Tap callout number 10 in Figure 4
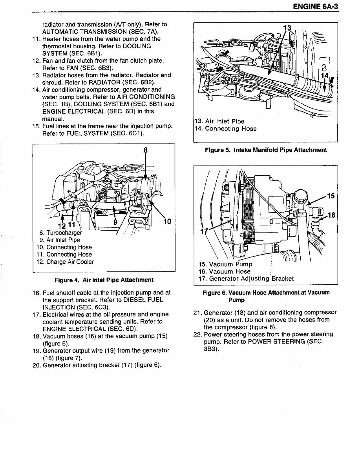click(167, 222)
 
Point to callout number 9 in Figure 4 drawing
click(115, 222)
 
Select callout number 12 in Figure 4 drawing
click(61, 225)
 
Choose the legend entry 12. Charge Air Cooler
click(65, 262)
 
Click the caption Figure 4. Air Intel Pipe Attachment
click(104, 280)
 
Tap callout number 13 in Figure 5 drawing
click(287, 28)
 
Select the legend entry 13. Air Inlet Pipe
click(220, 121)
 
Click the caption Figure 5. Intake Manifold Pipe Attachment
click(266, 150)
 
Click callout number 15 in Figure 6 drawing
click(331, 196)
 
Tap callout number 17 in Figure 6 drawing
click(204, 231)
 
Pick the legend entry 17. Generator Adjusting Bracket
click(246, 278)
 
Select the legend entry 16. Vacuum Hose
click(225, 271)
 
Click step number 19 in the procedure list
click(37, 350)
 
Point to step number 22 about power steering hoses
click(197, 334)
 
